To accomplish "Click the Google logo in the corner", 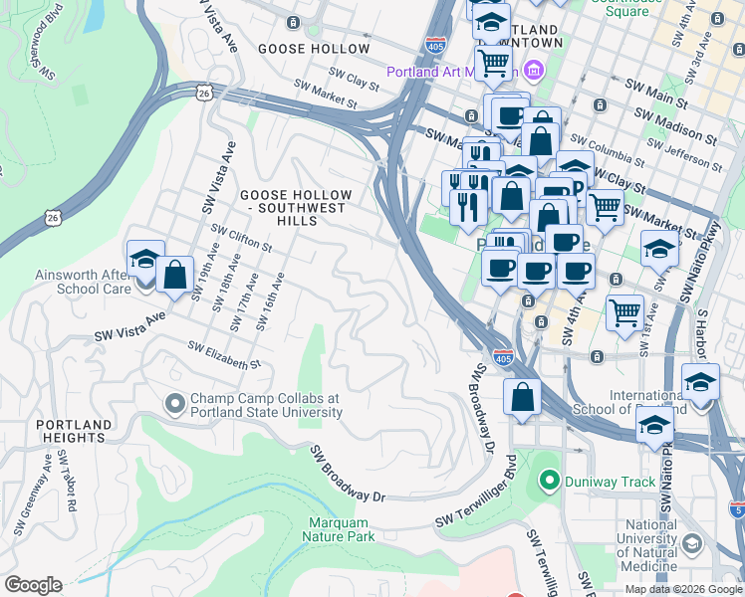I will [33, 585].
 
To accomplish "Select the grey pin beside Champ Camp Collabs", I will [175, 404].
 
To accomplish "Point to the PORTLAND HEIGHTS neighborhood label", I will [71, 430].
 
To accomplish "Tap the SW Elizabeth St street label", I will [224, 356].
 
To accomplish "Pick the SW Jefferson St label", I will [687, 155].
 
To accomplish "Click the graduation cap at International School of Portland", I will [700, 383].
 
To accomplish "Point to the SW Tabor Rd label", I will [67, 481].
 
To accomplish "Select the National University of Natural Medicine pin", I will [692, 543].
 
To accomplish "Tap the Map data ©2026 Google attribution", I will [684, 589].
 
